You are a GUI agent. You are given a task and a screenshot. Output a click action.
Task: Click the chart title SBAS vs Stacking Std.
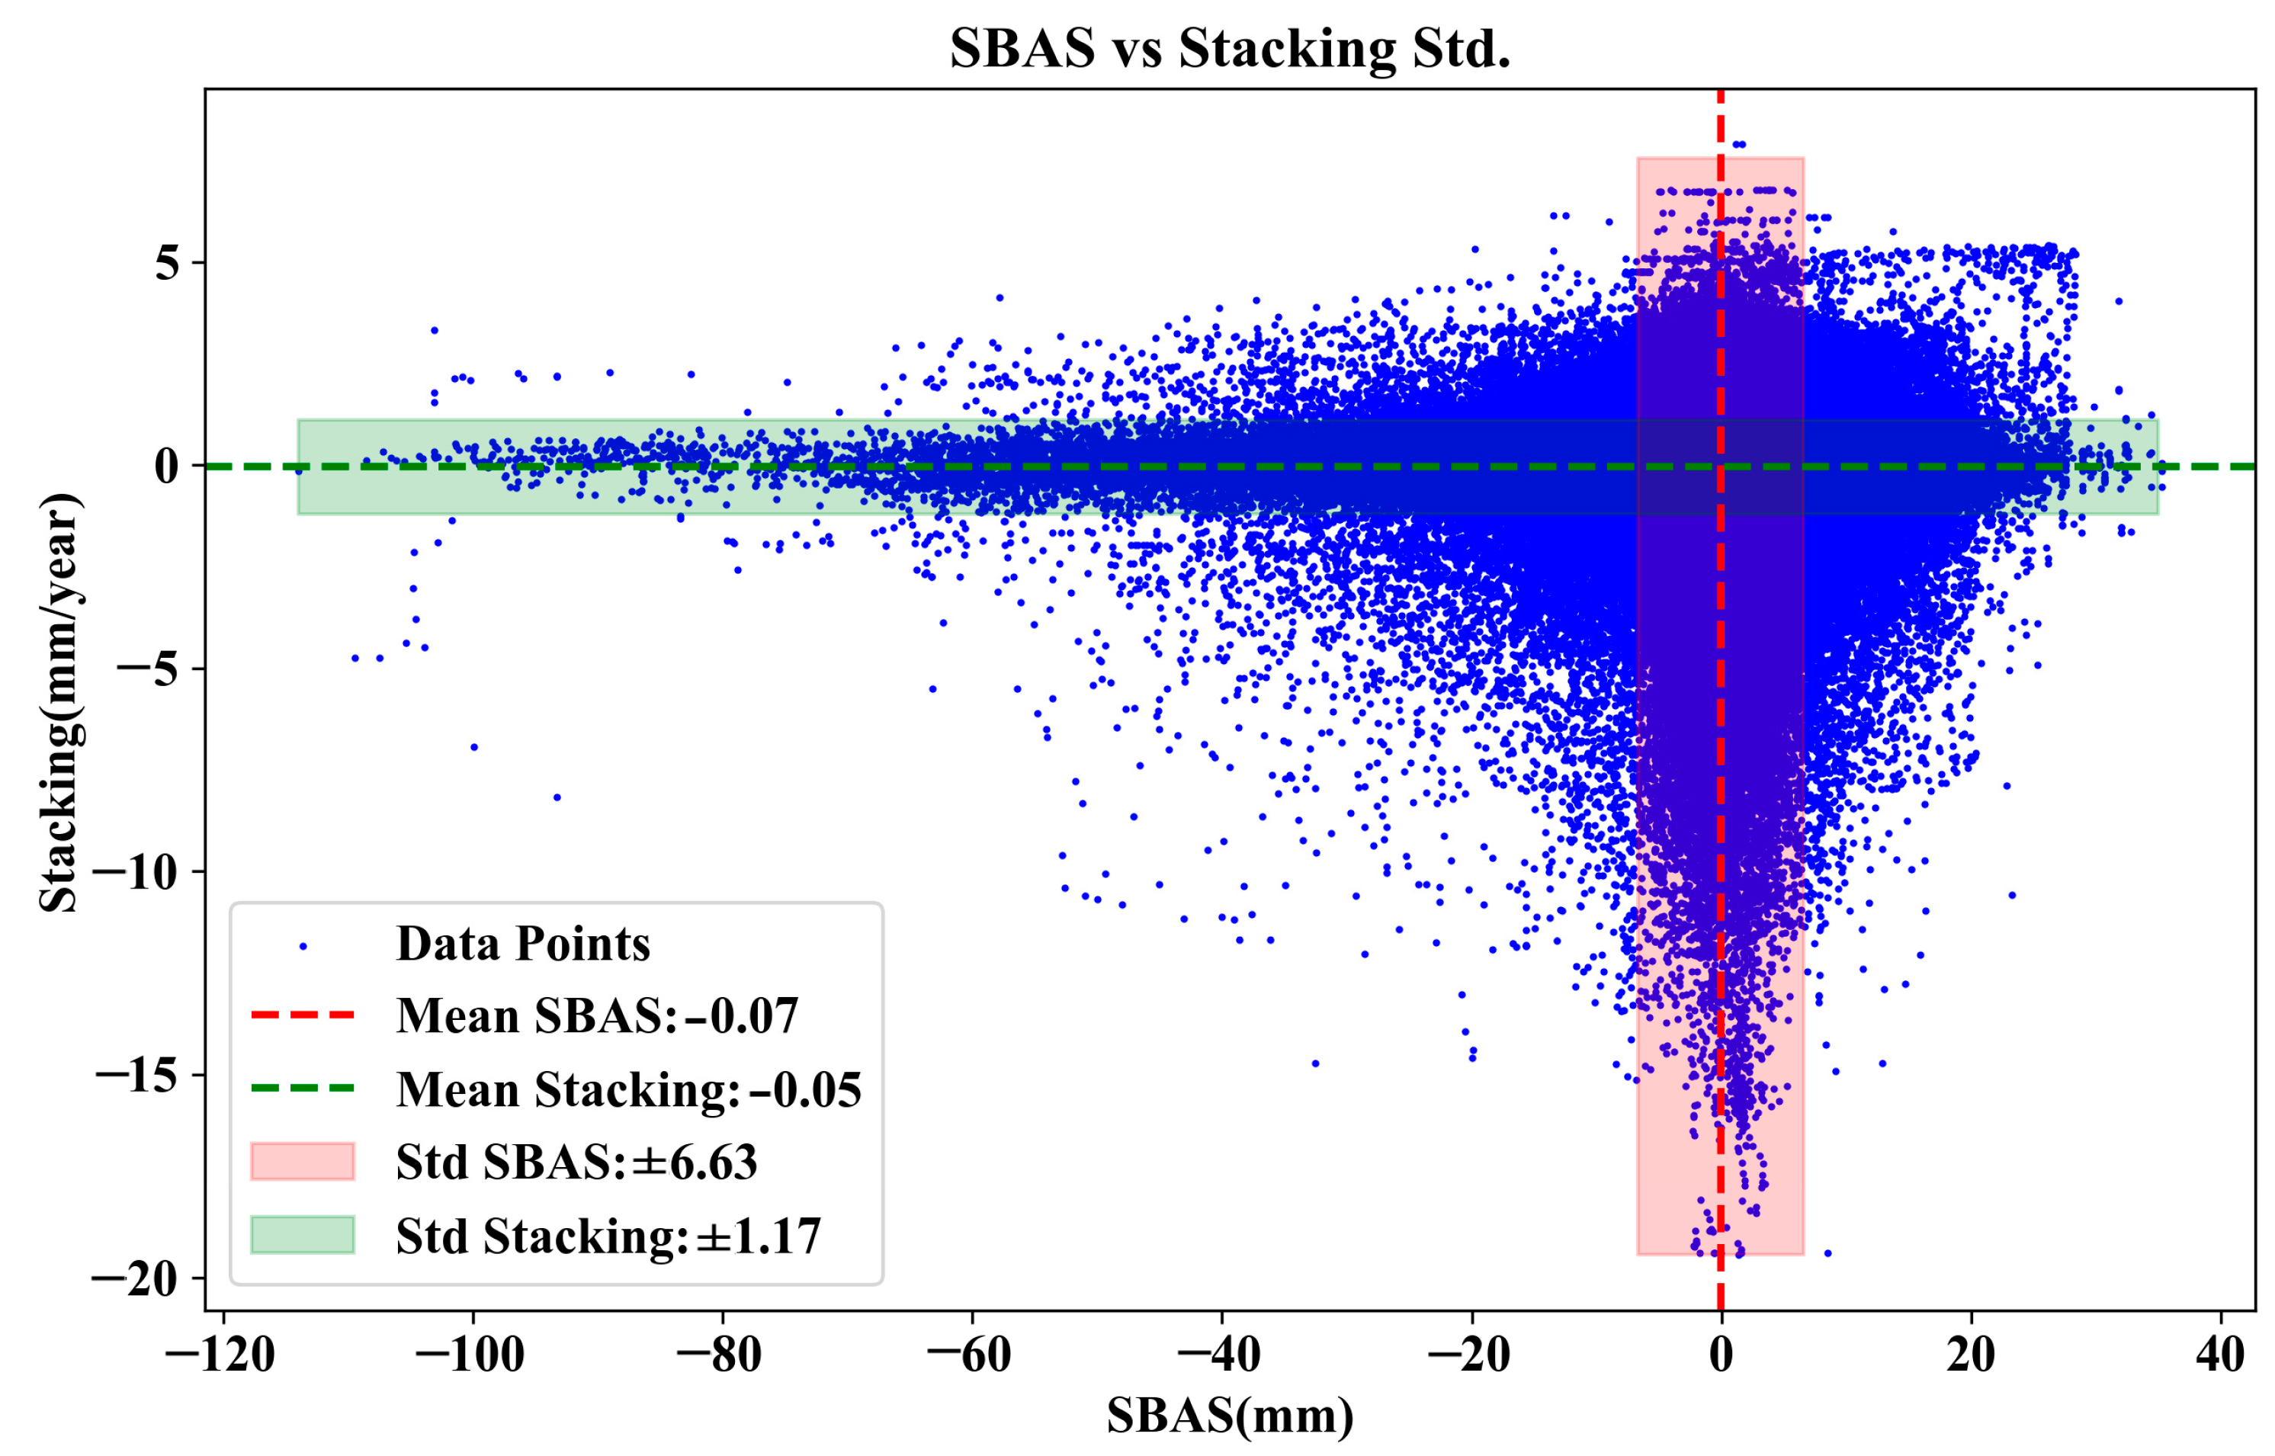tap(1229, 49)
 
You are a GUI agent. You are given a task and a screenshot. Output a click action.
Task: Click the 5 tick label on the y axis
tap(168, 263)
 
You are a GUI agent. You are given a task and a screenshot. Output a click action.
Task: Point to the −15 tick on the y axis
tap(137, 1075)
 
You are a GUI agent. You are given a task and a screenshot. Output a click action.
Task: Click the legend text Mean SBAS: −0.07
tap(597, 1015)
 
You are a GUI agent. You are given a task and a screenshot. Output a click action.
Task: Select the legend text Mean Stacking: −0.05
tap(628, 1089)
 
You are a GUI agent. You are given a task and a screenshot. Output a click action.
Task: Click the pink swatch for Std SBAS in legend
tap(303, 1161)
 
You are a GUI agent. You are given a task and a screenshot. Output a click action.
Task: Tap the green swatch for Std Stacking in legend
tap(303, 1235)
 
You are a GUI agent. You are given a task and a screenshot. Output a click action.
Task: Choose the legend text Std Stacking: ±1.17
tap(608, 1236)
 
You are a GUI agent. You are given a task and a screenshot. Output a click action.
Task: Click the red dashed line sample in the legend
tap(303, 1015)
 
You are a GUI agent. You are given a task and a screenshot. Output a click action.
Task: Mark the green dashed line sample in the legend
tap(303, 1089)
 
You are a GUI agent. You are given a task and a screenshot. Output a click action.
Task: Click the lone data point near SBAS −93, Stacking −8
tap(557, 797)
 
